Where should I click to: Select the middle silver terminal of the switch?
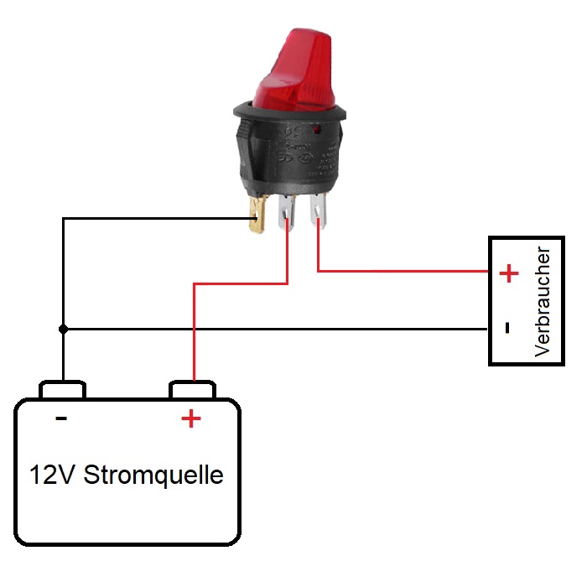(289, 213)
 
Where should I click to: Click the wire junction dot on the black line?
(63, 329)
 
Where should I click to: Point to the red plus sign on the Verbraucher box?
(509, 273)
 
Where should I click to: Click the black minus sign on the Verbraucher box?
(508, 328)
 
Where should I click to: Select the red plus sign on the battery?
(191, 418)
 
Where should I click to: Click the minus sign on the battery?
(61, 417)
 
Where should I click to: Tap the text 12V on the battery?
(53, 475)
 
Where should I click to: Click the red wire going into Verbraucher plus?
(403, 271)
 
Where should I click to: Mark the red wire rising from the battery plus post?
(195, 335)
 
